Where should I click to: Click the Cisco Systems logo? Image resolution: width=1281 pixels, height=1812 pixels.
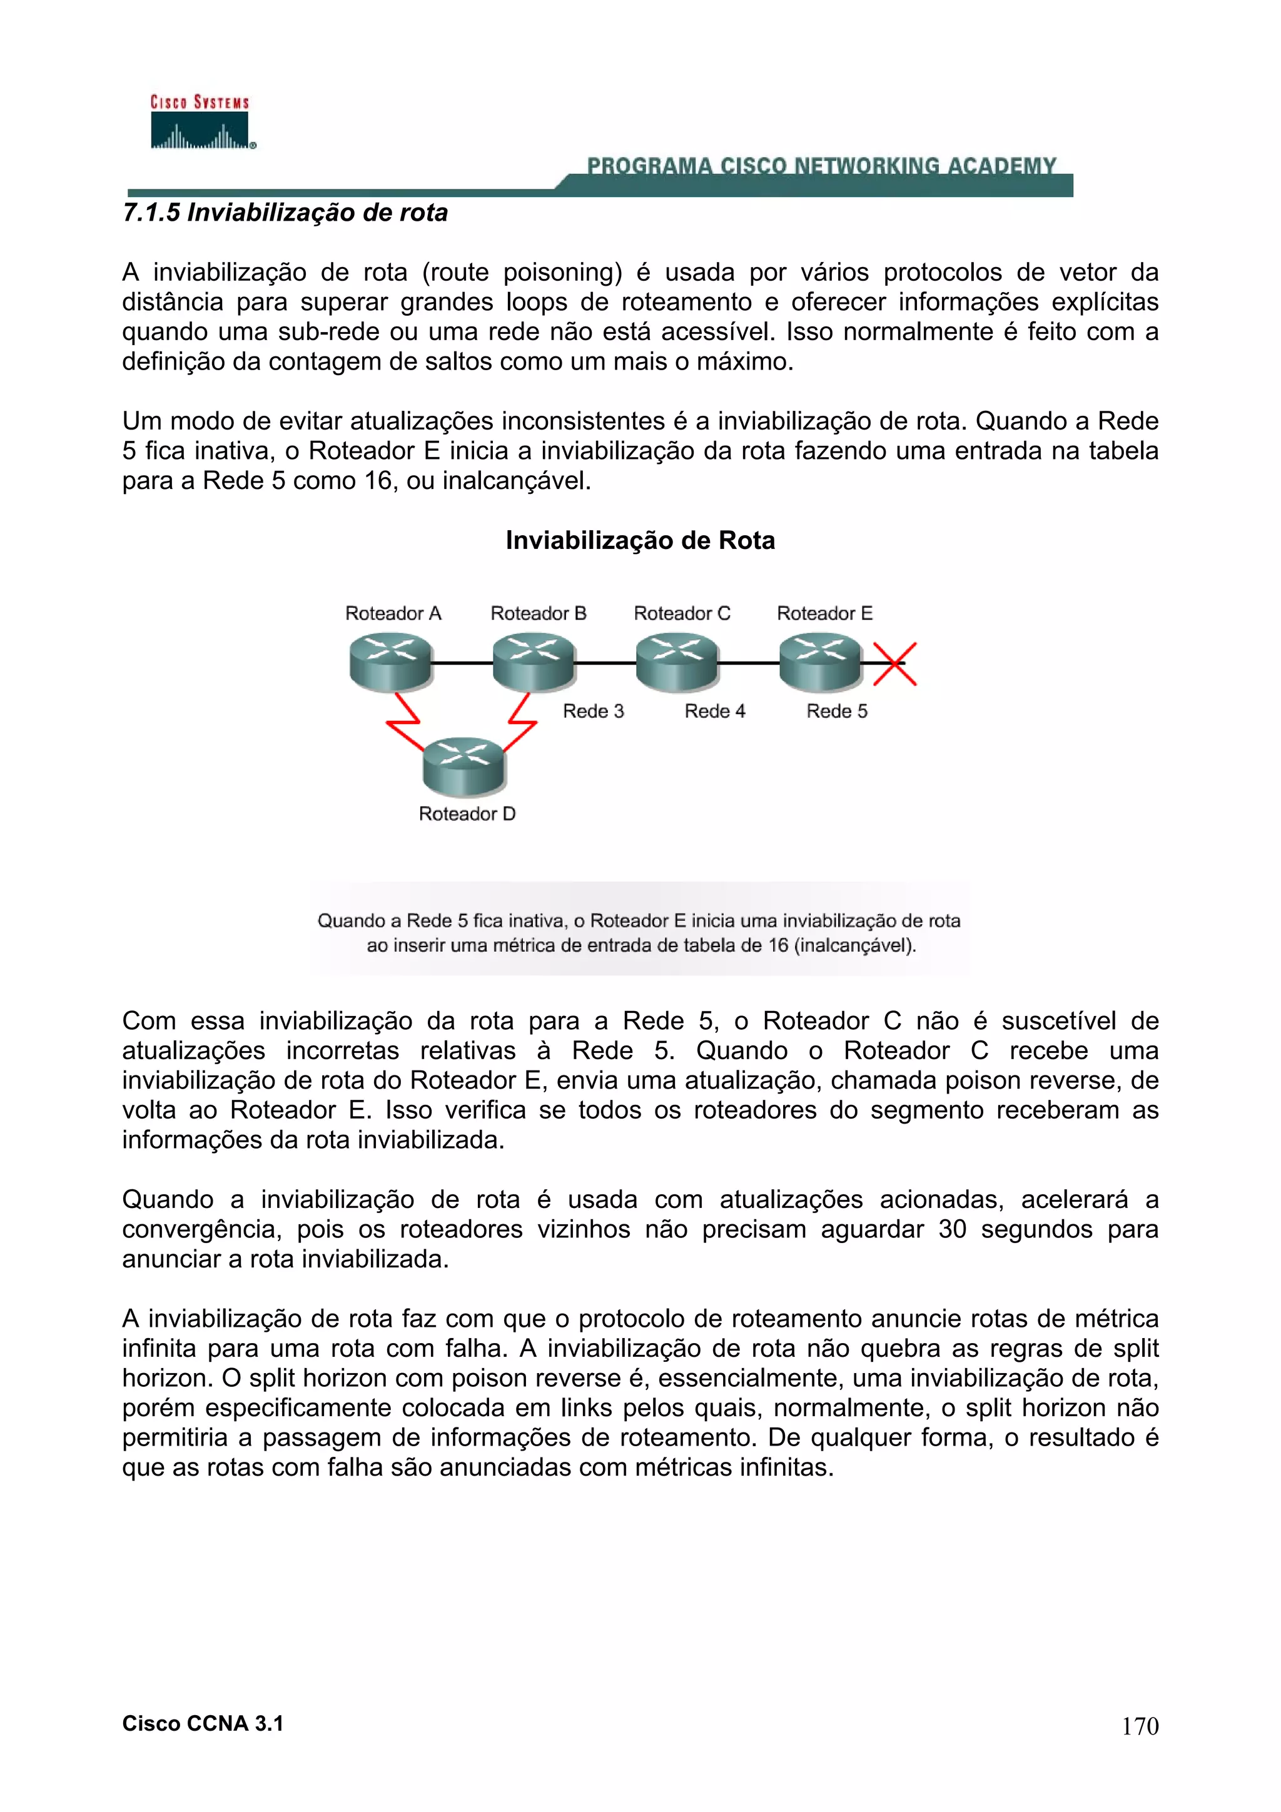(201, 123)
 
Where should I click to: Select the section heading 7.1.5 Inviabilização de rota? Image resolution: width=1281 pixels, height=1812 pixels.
(285, 213)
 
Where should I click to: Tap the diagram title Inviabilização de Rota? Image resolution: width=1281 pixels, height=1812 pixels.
(640, 541)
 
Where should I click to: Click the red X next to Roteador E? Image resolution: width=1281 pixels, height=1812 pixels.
(894, 664)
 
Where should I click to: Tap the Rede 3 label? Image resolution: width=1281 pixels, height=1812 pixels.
(593, 711)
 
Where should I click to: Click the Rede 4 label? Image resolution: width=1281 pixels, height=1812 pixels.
(714, 711)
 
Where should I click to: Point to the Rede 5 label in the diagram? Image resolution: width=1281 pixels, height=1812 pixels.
(837, 711)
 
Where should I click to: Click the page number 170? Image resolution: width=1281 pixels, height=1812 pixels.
(1140, 1726)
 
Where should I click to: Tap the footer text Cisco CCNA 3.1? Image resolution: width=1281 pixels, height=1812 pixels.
(203, 1724)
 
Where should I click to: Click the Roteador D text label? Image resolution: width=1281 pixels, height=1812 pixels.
(467, 813)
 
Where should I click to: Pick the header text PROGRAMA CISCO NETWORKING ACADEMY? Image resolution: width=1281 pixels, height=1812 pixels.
(821, 166)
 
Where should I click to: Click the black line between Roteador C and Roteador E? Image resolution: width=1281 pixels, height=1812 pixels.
(748, 663)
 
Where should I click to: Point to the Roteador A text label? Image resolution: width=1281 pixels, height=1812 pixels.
(393, 613)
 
